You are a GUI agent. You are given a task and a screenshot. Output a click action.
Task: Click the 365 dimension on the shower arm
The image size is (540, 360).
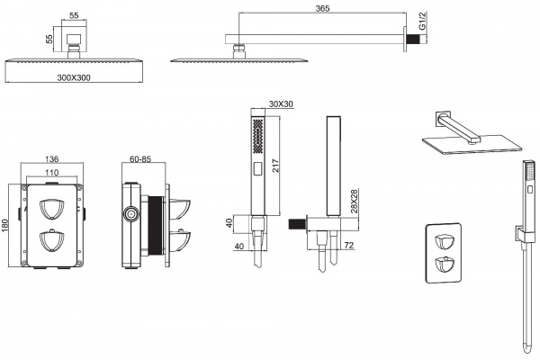click(x=322, y=8)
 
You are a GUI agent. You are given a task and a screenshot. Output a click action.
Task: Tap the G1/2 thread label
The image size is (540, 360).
click(x=423, y=21)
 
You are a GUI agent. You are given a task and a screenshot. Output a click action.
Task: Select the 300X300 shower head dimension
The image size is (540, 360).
click(x=74, y=78)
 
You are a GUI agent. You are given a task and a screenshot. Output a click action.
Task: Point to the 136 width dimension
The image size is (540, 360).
click(x=52, y=159)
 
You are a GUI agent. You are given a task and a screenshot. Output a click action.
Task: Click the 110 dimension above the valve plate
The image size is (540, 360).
click(x=52, y=172)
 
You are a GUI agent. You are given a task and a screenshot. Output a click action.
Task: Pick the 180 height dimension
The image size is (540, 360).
click(x=4, y=226)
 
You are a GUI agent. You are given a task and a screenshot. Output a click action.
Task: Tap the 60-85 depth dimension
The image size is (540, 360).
click(x=140, y=159)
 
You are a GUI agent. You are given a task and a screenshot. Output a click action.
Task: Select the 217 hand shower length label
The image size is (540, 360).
click(x=274, y=166)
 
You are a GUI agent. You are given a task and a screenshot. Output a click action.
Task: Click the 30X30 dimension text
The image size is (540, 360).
click(x=281, y=103)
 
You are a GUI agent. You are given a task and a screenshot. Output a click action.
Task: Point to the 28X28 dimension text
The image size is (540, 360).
click(x=354, y=202)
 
